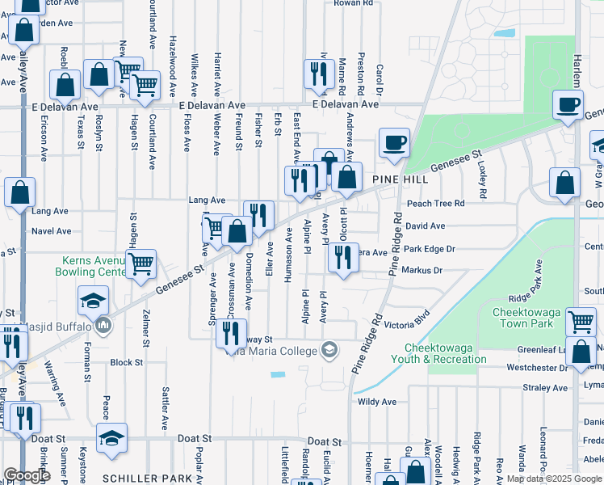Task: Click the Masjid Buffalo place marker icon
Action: point(103,325)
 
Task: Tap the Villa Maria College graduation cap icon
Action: point(329,350)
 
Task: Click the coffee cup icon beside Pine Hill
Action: point(393,143)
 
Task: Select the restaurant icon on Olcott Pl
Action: point(343,258)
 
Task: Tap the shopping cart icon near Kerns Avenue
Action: point(141,263)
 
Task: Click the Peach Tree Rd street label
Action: point(436,204)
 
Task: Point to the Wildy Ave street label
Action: point(377,401)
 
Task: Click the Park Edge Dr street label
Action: point(430,249)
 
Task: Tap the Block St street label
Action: point(126,363)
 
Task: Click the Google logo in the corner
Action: point(27,475)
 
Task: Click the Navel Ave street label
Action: point(51,230)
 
